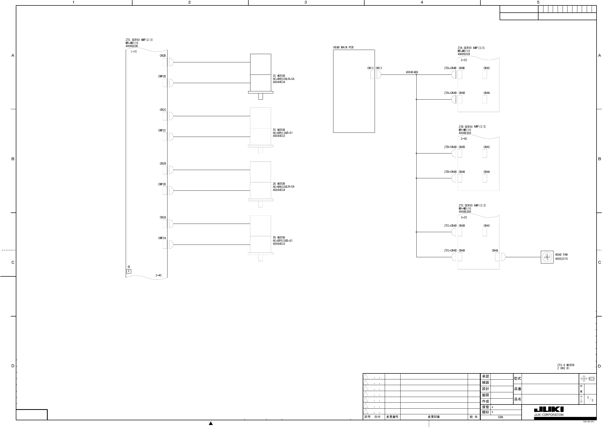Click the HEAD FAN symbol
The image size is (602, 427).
(547, 257)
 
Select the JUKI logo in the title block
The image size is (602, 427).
(549, 410)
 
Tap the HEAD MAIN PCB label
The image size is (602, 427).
(343, 47)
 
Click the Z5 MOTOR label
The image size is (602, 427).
(279, 76)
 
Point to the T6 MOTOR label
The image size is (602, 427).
(279, 238)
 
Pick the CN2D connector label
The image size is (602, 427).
(163, 56)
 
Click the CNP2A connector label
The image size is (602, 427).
(162, 238)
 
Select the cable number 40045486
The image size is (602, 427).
(412, 72)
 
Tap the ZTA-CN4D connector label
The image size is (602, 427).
(450, 68)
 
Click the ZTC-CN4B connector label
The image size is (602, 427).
(450, 251)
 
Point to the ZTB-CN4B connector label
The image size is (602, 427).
(450, 172)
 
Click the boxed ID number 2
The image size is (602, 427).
(129, 271)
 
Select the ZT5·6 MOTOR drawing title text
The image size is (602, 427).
(566, 365)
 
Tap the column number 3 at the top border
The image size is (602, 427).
(305, 2)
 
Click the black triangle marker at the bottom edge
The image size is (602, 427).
(211, 423)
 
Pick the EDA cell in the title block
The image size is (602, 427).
(500, 417)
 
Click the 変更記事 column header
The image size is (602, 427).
(434, 417)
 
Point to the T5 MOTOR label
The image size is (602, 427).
(279, 130)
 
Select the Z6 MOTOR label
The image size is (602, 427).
(279, 184)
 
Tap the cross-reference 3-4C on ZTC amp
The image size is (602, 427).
(158, 275)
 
